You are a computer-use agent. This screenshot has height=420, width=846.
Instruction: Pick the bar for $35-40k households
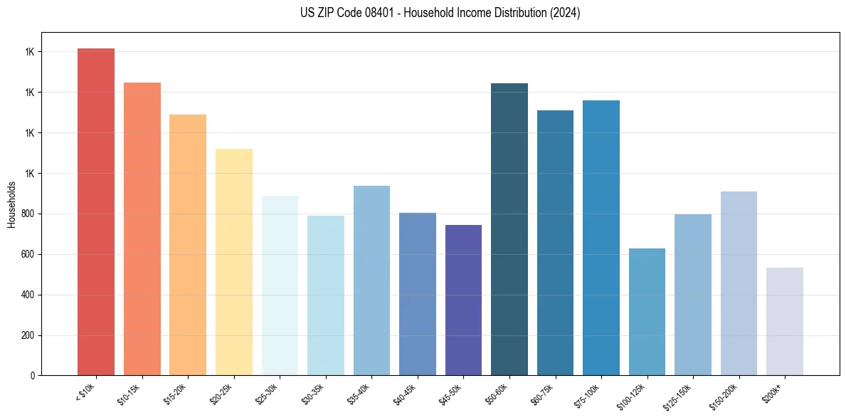tap(371, 280)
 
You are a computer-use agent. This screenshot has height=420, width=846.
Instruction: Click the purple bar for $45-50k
tap(463, 300)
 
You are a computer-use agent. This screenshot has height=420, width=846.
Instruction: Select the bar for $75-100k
tap(601, 238)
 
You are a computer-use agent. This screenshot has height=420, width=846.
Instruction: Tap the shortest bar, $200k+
tap(785, 321)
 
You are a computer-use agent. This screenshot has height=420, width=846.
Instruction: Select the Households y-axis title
tap(12, 204)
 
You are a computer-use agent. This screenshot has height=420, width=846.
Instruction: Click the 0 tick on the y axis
tap(32, 376)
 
